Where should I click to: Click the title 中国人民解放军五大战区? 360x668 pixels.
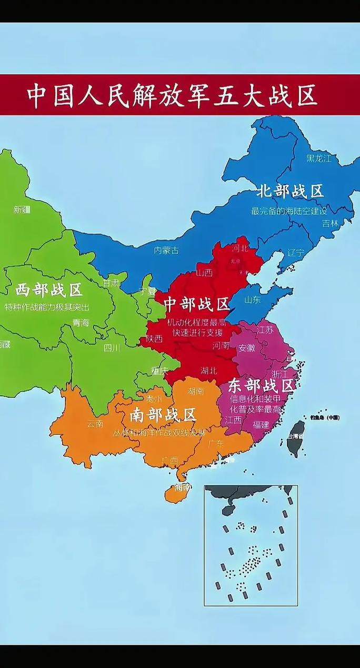[172, 95]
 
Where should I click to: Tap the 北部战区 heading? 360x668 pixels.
[289, 191]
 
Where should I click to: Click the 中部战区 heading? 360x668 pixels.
[196, 304]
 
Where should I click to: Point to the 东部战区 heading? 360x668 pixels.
[261, 385]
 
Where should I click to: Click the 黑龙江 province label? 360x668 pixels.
[319, 157]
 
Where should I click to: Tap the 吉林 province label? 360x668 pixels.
[331, 223]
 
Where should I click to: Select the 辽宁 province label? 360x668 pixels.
[296, 252]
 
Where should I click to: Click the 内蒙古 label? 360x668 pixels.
[166, 251]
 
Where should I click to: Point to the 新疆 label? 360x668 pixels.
[22, 210]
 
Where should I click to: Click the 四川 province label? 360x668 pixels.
[112, 347]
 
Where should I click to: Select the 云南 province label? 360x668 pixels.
[95, 424]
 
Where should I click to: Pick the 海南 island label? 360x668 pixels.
[182, 487]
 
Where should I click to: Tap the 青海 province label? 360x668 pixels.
[81, 322]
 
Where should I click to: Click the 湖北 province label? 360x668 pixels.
[208, 370]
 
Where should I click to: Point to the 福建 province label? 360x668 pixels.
[261, 424]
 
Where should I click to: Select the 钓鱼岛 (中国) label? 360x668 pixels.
[325, 417]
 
